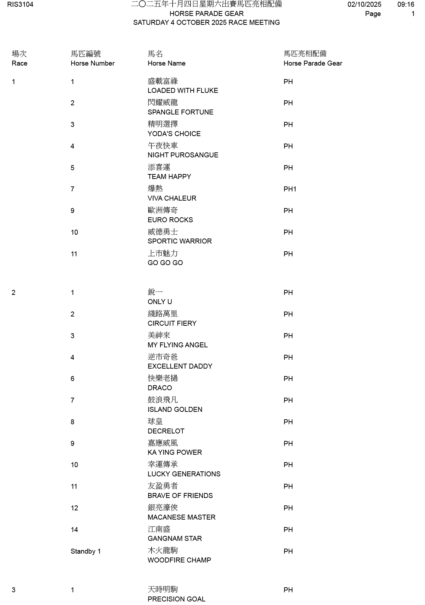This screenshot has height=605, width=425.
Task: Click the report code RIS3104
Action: point(20,5)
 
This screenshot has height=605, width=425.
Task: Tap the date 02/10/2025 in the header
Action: point(364,5)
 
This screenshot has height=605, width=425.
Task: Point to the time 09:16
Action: point(406,5)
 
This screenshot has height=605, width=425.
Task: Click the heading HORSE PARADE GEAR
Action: point(206,14)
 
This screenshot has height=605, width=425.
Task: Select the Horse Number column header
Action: point(92,63)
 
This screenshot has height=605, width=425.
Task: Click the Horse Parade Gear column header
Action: point(313,63)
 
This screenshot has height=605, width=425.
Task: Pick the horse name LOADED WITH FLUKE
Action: point(183,91)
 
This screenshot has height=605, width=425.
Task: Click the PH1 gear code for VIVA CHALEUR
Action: point(290,189)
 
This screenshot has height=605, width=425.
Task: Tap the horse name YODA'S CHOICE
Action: point(174,134)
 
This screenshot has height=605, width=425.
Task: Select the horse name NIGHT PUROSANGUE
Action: point(183,155)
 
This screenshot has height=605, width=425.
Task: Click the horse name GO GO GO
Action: point(165,263)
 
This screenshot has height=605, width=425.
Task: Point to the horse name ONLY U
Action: point(160,302)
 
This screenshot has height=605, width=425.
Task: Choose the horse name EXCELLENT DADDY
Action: point(180,366)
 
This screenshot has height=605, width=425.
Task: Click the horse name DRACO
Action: point(160,388)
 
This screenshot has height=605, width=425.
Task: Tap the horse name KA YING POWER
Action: point(175,453)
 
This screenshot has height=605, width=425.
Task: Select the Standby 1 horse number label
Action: point(86,551)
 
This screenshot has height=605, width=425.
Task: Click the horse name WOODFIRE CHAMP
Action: point(179,560)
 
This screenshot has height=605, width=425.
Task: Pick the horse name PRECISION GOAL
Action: point(176,599)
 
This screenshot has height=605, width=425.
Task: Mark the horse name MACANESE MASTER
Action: point(181,517)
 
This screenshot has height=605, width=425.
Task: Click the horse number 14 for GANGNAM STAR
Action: point(74,530)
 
